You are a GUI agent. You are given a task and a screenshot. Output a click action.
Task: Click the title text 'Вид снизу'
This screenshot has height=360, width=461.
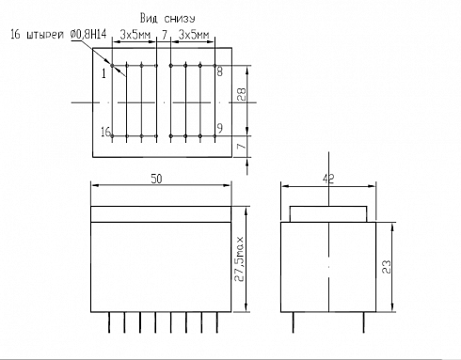click(x=167, y=19)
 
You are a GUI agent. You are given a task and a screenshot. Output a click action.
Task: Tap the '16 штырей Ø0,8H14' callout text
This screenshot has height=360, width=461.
click(x=58, y=35)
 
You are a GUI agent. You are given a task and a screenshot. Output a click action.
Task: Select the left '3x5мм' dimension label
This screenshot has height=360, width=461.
click(x=135, y=35)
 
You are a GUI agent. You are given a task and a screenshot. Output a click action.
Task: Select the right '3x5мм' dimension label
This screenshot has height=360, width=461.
click(x=194, y=35)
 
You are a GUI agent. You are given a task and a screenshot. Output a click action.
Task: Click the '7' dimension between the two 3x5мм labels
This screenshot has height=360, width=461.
click(x=164, y=35)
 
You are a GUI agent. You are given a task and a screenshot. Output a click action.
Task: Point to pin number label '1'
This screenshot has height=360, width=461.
click(x=104, y=74)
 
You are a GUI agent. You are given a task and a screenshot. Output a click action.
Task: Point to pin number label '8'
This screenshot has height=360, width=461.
click(x=220, y=71)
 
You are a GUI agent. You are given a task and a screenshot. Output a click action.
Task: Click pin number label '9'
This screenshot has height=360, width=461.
click(x=220, y=128)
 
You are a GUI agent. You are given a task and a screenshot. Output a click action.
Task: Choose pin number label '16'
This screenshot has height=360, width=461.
click(x=105, y=132)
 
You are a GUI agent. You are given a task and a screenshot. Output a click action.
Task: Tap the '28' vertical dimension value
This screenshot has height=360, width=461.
click(x=241, y=94)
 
